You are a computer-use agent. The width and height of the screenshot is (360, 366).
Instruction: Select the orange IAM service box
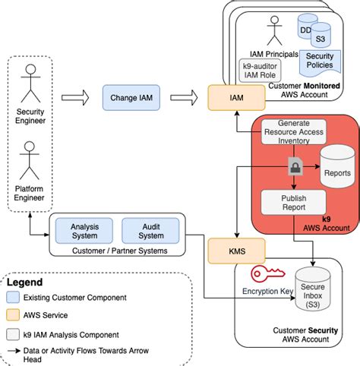pos(236,98)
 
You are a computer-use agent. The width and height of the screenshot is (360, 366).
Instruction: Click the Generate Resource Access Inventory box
pos(293,131)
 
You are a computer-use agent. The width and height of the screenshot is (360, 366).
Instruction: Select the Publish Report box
pos(293,202)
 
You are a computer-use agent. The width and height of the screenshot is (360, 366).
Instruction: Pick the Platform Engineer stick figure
pos(31,159)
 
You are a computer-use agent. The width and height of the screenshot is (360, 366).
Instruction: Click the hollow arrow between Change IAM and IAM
pos(186,97)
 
